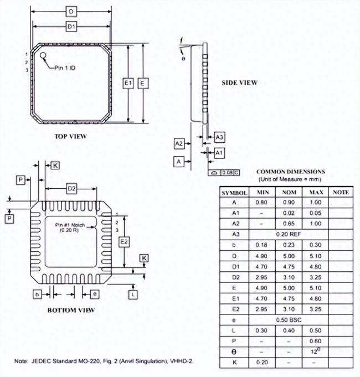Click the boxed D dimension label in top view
click(71, 12)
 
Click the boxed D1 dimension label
click(71, 26)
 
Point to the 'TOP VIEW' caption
click(70, 136)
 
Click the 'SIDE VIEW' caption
click(239, 83)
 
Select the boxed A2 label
click(179, 144)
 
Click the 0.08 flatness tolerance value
click(227, 173)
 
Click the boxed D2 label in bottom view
click(71, 189)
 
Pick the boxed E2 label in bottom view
click(125, 242)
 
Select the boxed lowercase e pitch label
click(95, 293)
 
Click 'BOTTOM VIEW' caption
click(71, 310)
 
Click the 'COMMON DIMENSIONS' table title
click(290, 172)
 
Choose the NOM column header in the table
click(289, 192)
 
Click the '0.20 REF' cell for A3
click(289, 234)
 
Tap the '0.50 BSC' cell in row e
click(289, 320)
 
